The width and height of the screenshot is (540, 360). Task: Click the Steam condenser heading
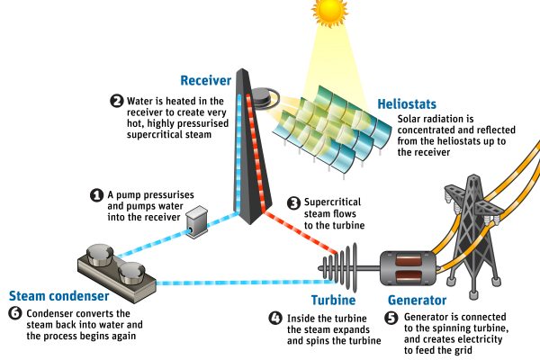click(x=59, y=295)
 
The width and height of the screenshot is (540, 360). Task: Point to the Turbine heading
click(x=333, y=301)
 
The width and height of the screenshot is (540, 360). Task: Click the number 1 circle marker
click(x=96, y=194)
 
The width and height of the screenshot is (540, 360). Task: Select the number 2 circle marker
click(x=116, y=101)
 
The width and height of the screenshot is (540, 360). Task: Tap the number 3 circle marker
click(x=293, y=202)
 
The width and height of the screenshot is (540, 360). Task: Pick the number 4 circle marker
click(x=275, y=318)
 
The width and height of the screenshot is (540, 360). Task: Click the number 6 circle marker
click(x=14, y=312)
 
